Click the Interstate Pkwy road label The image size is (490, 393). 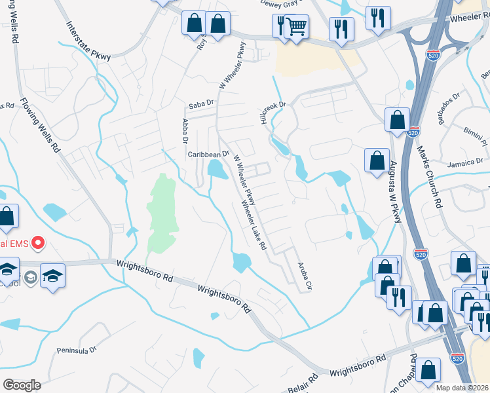[88, 40]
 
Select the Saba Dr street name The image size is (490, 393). [201, 103]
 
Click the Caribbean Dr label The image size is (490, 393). [208, 155]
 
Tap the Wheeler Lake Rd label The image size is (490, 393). [255, 226]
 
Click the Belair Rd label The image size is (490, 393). [303, 381]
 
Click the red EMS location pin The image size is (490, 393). [37, 244]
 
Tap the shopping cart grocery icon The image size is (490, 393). [297, 27]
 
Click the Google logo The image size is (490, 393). [21, 384]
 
